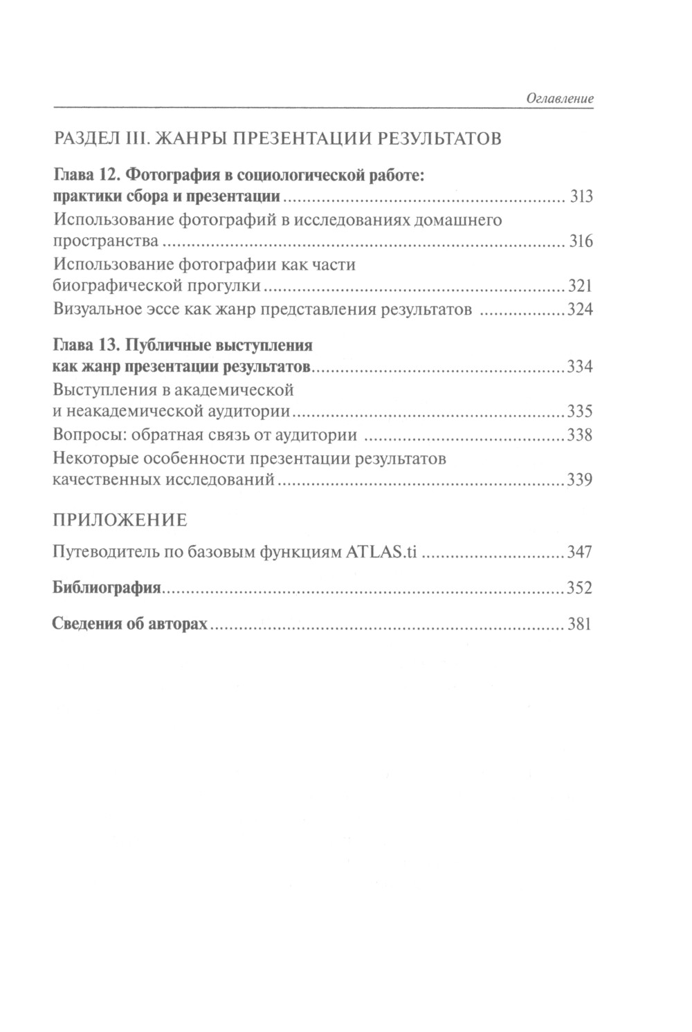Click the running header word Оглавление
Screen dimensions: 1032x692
tap(560, 99)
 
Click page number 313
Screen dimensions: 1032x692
tap(581, 197)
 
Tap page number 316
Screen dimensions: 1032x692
tap(581, 242)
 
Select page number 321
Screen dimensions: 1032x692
tap(580, 286)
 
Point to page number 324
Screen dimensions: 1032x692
tap(580, 310)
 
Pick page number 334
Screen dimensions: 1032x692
tap(580, 367)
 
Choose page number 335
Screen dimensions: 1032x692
tap(580, 412)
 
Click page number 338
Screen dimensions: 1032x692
tap(580, 436)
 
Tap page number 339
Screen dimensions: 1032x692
tap(580, 481)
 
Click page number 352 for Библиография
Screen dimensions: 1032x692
tap(580, 589)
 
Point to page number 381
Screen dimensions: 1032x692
tap(580, 625)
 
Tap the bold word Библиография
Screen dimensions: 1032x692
tap(107, 589)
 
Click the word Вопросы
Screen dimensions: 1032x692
tap(83, 436)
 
